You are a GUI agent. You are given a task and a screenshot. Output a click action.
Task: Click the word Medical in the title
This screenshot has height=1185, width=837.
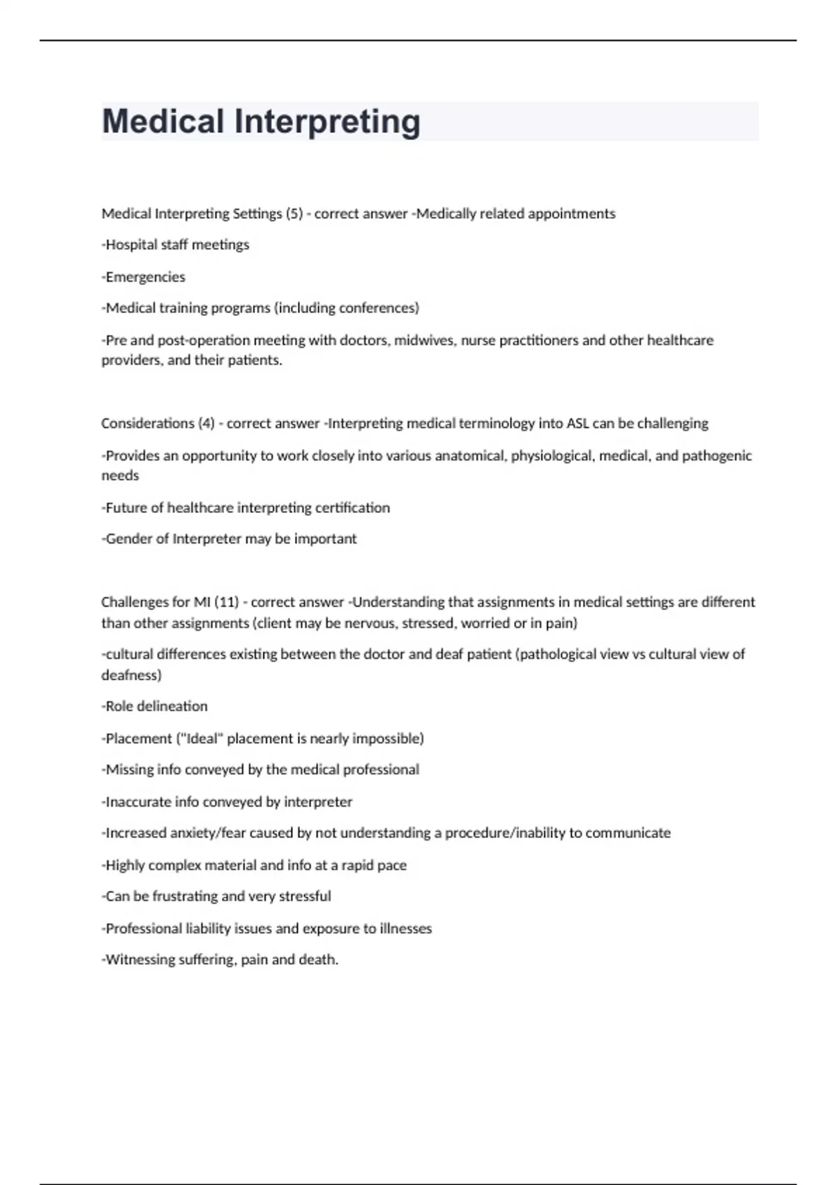tap(163, 121)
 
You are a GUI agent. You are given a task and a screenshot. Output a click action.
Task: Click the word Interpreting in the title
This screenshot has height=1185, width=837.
tap(327, 123)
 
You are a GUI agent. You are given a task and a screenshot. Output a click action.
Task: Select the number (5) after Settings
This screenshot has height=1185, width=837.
tap(294, 214)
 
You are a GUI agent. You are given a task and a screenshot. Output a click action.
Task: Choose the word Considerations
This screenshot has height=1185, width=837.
tap(147, 424)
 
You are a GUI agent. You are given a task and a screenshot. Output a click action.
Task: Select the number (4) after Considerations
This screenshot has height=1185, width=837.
tap(206, 424)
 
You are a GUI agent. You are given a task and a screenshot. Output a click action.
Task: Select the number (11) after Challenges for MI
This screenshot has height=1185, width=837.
tap(227, 602)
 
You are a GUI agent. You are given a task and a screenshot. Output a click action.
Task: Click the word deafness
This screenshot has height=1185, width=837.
tap(131, 675)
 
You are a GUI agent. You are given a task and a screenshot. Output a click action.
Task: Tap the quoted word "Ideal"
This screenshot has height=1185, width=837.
tap(199, 739)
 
